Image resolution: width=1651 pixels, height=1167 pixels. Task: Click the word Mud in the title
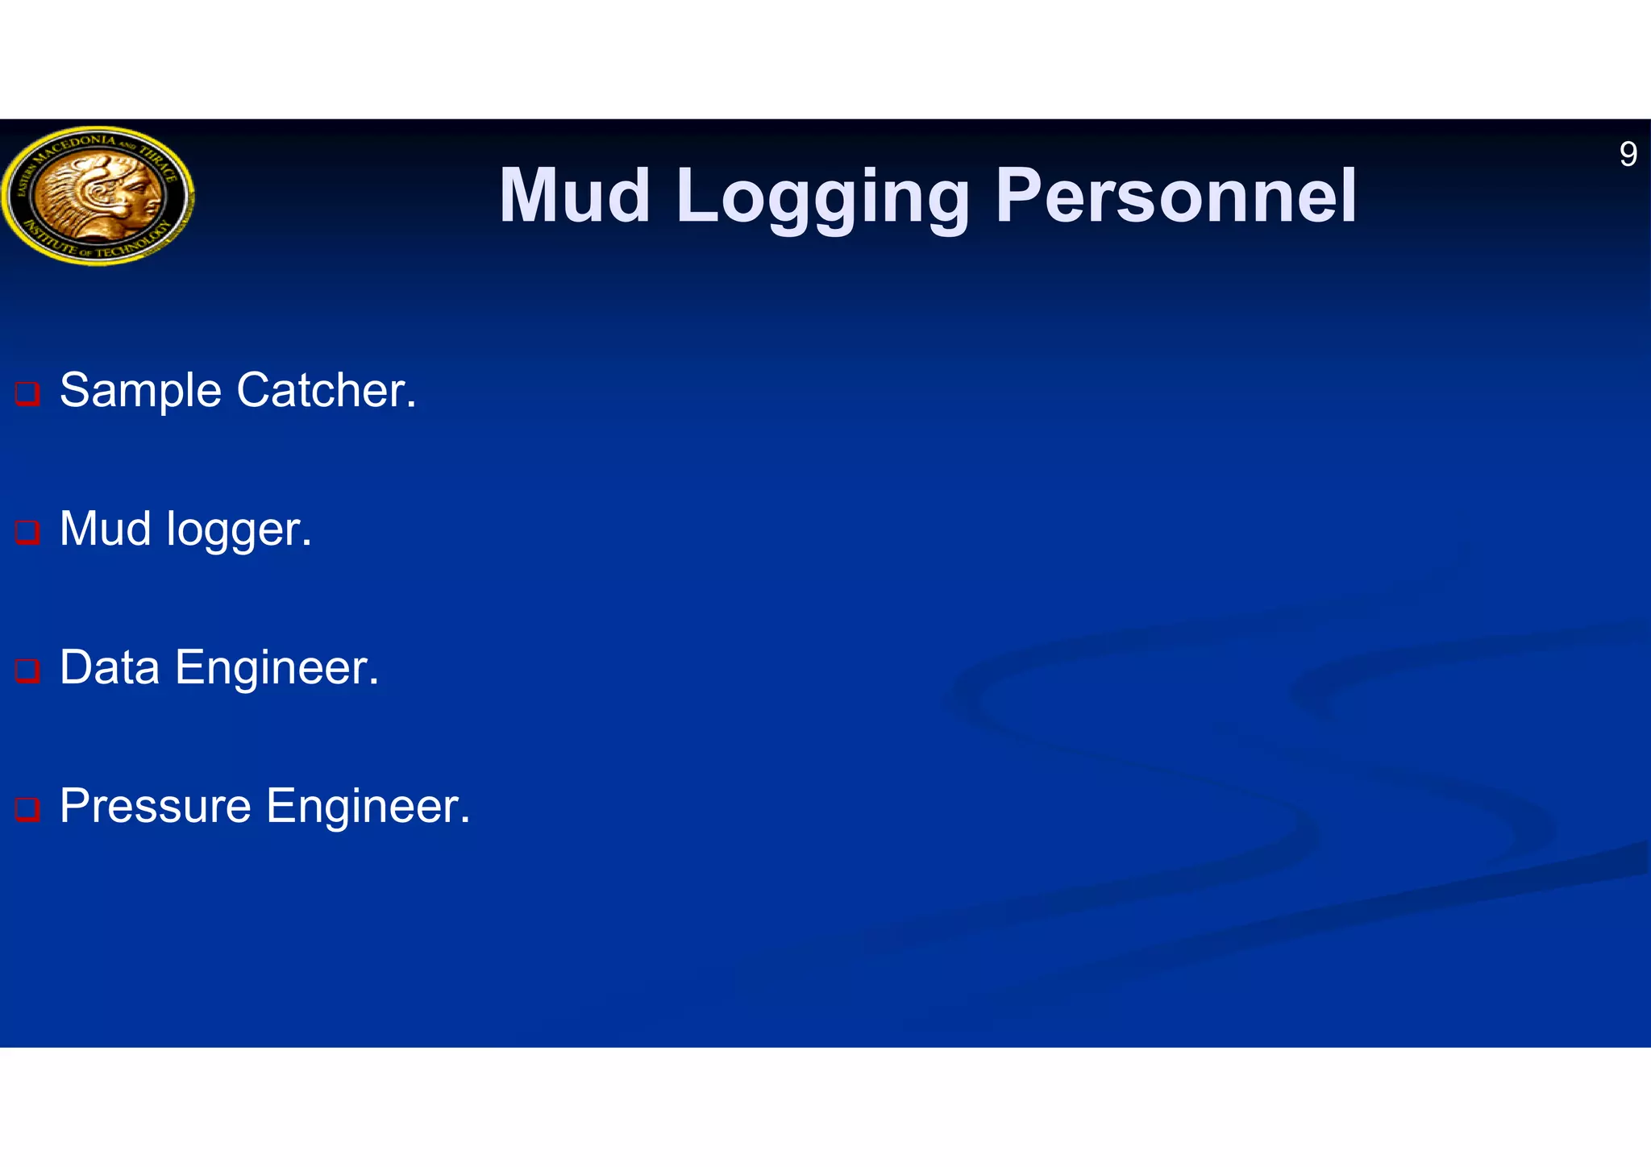(575, 196)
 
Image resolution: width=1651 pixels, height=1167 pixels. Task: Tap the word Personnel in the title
(1176, 196)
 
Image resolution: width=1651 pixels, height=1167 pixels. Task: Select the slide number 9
(1628, 154)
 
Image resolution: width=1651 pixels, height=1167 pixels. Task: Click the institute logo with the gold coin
(98, 195)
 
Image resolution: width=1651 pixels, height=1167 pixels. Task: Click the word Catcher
(326, 391)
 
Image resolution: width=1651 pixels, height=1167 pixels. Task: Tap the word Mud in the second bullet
(106, 530)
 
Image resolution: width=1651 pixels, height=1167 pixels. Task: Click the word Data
(110, 668)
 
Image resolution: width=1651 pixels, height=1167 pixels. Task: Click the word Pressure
(156, 807)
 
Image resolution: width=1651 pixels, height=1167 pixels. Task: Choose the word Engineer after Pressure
(368, 807)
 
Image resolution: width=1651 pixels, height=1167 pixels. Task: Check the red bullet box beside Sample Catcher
(27, 394)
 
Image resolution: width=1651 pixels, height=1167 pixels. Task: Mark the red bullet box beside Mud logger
(27, 533)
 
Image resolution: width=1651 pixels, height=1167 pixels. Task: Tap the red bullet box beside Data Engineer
(27, 671)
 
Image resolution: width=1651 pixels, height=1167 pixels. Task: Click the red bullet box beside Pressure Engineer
(27, 809)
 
